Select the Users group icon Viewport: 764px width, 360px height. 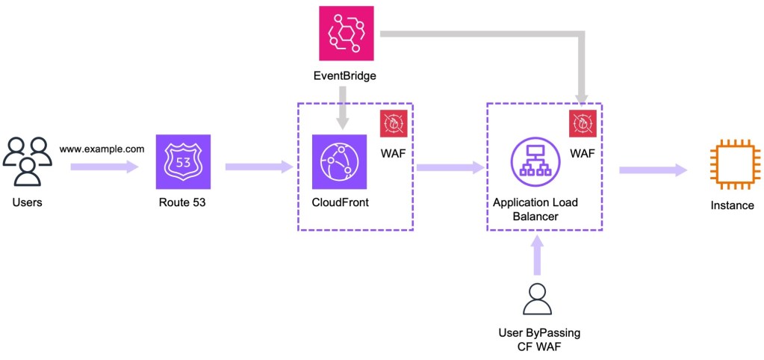point(27,161)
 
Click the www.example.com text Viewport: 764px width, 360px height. point(102,149)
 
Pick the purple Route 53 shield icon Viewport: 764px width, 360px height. point(183,162)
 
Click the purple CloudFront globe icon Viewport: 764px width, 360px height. point(340,162)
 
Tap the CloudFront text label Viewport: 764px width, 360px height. point(340,202)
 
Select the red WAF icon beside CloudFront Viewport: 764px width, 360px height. point(393,124)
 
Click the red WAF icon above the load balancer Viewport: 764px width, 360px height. point(583,124)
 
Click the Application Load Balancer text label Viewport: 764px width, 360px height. point(535,209)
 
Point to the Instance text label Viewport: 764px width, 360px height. point(732,205)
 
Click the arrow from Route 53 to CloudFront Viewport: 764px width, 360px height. point(258,167)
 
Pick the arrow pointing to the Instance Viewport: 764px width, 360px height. point(653,171)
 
